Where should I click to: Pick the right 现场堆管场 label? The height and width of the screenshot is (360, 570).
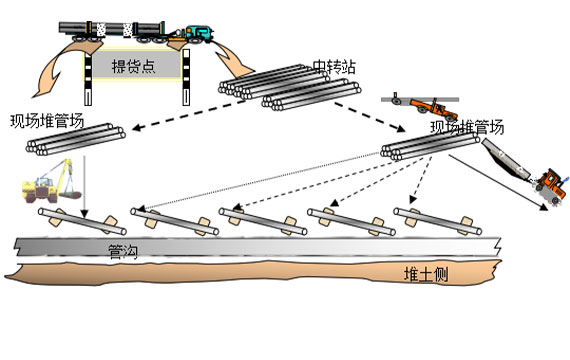[x=467, y=127]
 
